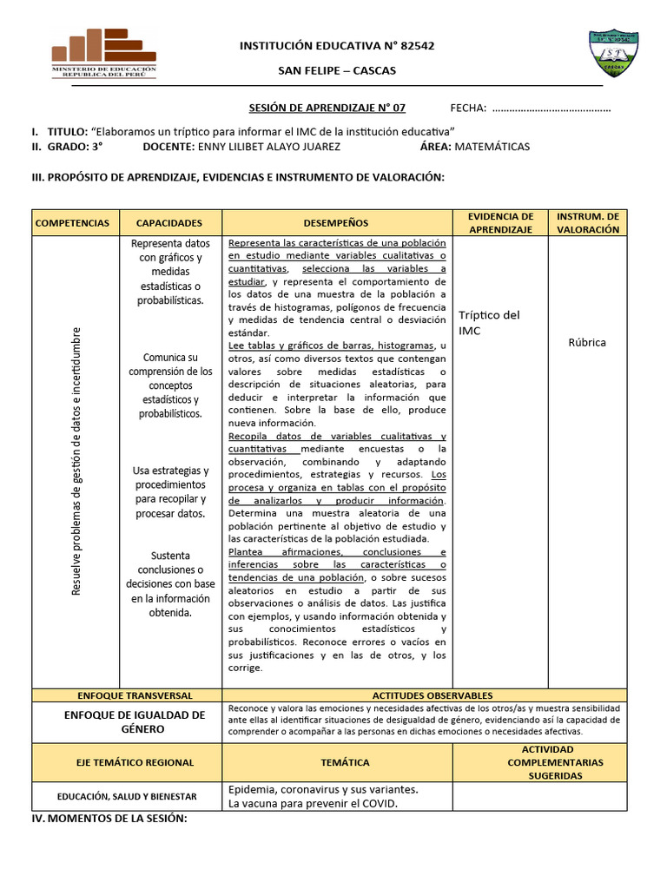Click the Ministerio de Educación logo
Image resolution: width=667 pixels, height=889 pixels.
[104, 54]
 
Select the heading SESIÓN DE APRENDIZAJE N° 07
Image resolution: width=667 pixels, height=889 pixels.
[327, 108]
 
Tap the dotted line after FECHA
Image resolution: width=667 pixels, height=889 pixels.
[551, 109]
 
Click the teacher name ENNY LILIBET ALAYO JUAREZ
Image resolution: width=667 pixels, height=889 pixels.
[269, 147]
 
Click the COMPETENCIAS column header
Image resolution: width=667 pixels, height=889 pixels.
[73, 223]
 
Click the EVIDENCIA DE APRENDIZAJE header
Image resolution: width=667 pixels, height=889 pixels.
[500, 223]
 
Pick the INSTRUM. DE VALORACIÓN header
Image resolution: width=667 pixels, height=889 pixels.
[587, 223]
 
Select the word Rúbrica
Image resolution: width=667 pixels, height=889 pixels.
[587, 342]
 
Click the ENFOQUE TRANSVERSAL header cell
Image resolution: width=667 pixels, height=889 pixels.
[128, 695]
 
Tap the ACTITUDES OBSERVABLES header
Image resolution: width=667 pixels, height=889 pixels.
[433, 695]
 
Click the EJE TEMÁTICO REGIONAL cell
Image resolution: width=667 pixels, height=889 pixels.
[128, 762]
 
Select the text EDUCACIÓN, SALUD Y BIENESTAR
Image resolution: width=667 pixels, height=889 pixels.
[128, 796]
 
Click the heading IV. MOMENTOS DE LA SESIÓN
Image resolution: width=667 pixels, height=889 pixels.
[109, 819]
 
